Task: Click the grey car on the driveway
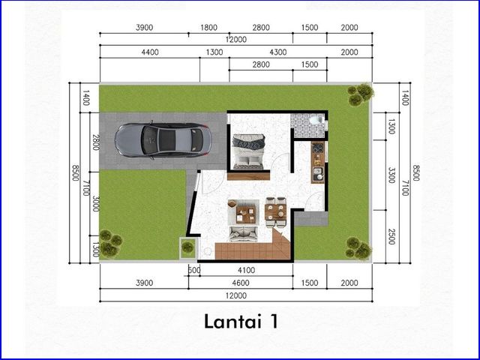point(163,140)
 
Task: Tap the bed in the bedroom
point(248,151)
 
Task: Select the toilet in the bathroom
point(316,119)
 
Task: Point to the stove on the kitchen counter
point(318,149)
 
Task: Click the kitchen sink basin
point(317,173)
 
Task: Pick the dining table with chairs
point(276,211)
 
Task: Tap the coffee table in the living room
point(246,214)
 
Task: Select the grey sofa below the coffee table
point(244,234)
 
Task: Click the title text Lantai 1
point(241,322)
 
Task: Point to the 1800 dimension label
point(208,28)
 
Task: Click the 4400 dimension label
point(150,52)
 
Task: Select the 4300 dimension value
point(278,52)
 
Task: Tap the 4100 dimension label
point(247,270)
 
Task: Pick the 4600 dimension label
point(241,283)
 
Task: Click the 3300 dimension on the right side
point(391,175)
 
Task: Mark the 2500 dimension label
point(391,237)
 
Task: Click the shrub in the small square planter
point(187,246)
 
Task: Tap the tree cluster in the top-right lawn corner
point(361,94)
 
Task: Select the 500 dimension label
point(193,270)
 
